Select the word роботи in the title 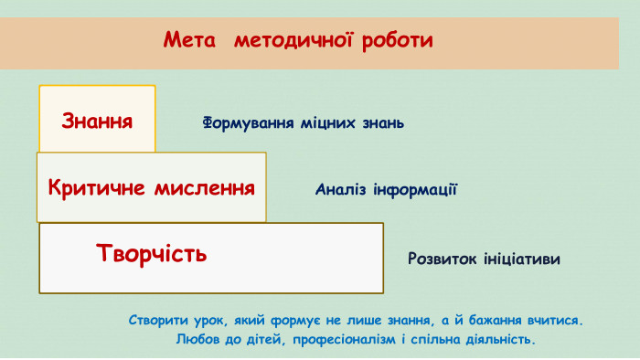point(397,41)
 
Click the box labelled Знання point(97,120)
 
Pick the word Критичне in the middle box point(97,188)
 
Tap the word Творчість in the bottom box point(152,253)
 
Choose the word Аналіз point(343,190)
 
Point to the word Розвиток point(443,259)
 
